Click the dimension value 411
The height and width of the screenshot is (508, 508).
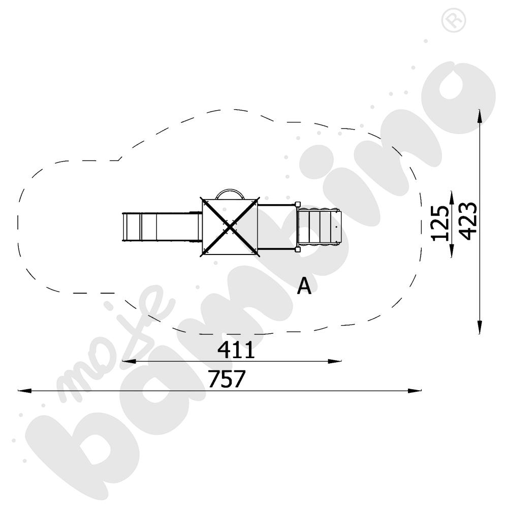click(x=236, y=350)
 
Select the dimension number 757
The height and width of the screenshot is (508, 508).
click(x=227, y=378)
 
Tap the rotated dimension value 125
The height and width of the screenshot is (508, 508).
click(x=440, y=223)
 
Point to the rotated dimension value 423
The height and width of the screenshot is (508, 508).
click(x=468, y=221)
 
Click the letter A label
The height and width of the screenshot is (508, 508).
click(x=304, y=285)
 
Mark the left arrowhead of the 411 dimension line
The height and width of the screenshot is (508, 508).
click(x=129, y=361)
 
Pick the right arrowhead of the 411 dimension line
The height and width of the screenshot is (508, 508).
click(x=335, y=361)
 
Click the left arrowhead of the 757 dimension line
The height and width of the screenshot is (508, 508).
click(x=24, y=391)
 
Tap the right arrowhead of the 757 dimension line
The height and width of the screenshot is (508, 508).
click(x=415, y=391)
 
